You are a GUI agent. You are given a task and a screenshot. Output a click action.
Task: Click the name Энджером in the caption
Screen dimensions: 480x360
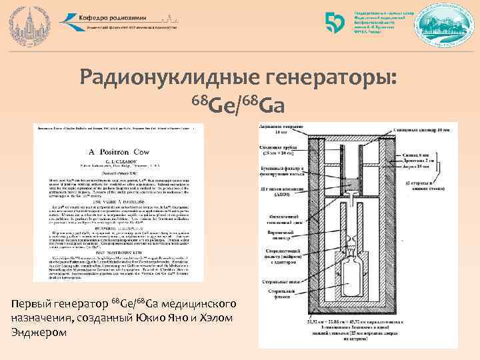(x=37, y=332)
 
